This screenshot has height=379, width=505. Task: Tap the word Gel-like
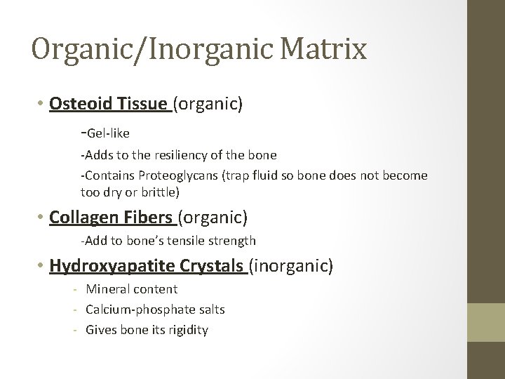pos(107,133)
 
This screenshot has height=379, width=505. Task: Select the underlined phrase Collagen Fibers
pos(112,218)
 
